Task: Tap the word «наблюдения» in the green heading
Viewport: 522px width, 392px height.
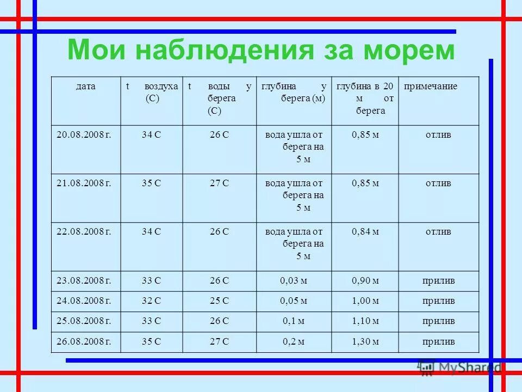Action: (223, 50)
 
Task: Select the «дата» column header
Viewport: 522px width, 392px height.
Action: (86, 86)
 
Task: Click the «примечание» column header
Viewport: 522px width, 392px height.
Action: (430, 86)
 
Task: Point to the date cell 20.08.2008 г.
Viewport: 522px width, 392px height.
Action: (84, 134)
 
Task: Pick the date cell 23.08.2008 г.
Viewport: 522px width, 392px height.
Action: (84, 281)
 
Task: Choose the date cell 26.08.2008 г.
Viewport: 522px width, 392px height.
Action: (84, 342)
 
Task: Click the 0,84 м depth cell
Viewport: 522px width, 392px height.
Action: (365, 231)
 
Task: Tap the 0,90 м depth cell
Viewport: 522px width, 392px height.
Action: (365, 281)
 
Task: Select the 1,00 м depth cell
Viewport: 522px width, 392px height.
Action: (365, 301)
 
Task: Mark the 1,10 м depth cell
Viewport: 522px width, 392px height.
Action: (365, 321)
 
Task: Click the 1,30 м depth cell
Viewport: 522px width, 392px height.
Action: (365, 342)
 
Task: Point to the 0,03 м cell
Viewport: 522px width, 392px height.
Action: (294, 281)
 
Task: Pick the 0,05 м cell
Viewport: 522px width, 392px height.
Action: (294, 301)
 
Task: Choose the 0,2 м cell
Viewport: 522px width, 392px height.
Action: (294, 342)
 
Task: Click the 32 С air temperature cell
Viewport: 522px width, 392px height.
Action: (151, 301)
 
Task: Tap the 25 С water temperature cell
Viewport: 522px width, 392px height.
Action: (219, 301)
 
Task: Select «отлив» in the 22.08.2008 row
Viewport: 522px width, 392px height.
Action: (438, 231)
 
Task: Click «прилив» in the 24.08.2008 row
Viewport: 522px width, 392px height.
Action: (438, 301)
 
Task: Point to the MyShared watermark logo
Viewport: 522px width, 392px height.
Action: (459, 367)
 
